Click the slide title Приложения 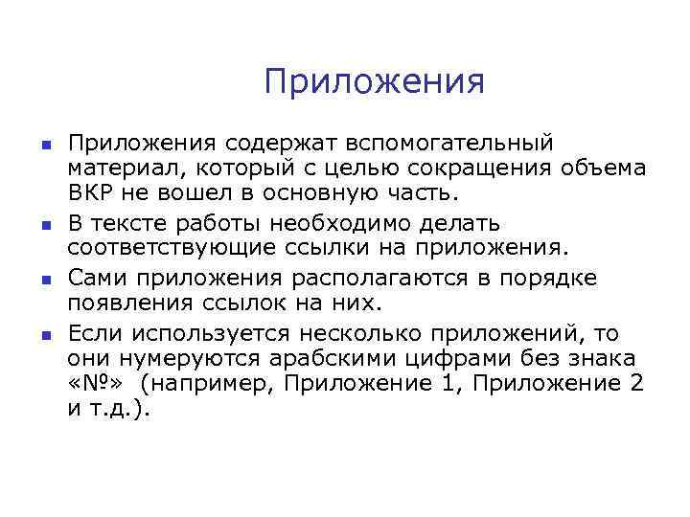click(x=375, y=82)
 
